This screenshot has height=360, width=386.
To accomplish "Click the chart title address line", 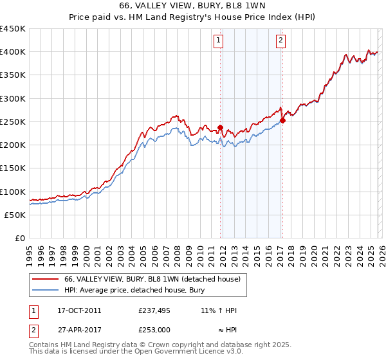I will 192,6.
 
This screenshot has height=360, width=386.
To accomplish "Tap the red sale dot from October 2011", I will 220,127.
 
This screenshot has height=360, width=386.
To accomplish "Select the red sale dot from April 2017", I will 282,120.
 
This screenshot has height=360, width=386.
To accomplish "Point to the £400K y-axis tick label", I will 13,52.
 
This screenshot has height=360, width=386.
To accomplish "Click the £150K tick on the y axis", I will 13,168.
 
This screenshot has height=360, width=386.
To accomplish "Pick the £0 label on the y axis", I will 19,239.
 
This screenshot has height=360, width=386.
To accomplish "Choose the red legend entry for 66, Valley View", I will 152,279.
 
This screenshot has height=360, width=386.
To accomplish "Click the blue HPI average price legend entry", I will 134,290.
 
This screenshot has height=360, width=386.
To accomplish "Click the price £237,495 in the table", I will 154,310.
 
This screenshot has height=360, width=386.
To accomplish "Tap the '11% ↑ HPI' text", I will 219,310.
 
